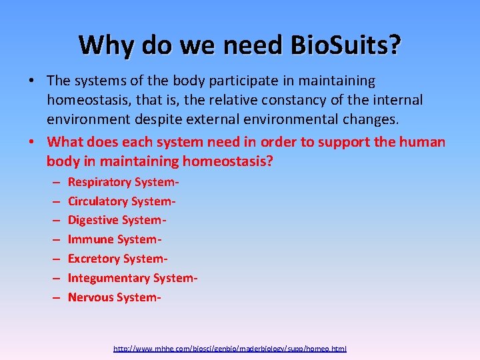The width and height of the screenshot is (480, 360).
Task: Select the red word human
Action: click(x=423, y=141)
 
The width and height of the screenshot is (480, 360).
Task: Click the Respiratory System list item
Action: click(x=124, y=182)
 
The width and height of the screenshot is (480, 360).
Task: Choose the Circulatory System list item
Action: click(x=122, y=201)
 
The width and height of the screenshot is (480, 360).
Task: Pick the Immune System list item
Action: click(x=115, y=239)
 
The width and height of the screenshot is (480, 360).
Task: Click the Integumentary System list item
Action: click(x=133, y=278)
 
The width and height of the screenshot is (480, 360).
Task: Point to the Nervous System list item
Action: click(x=115, y=297)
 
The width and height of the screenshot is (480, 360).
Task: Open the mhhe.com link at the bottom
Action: click(x=230, y=349)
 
